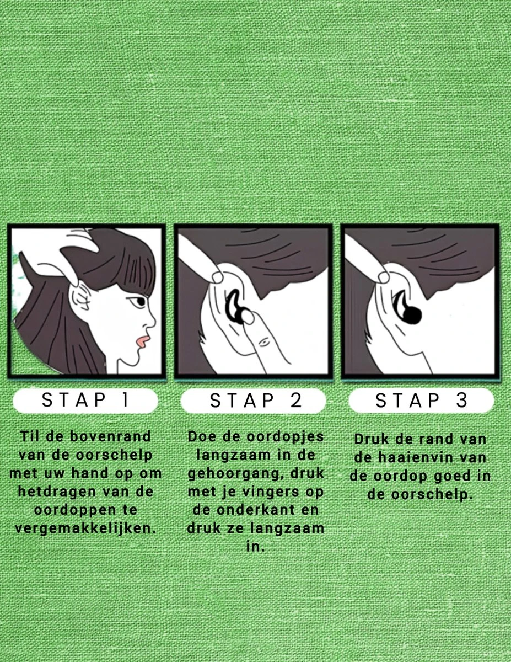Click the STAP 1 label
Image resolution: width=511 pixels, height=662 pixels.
85,400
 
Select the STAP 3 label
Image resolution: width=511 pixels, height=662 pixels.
422,400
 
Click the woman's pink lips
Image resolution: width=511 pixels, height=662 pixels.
143,341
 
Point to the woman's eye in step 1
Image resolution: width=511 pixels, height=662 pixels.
138,301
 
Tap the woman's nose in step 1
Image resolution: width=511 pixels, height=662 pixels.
150,320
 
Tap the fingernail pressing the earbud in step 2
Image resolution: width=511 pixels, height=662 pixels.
249,317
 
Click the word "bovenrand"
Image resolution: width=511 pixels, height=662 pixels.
110,436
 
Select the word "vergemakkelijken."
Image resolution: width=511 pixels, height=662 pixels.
85,528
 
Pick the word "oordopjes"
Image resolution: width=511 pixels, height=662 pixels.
285,437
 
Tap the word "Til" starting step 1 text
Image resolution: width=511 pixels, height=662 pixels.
30,436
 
